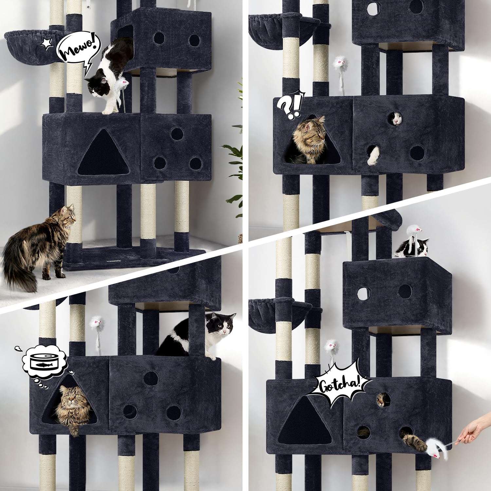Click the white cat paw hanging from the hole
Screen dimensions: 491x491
(x=373, y=155)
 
